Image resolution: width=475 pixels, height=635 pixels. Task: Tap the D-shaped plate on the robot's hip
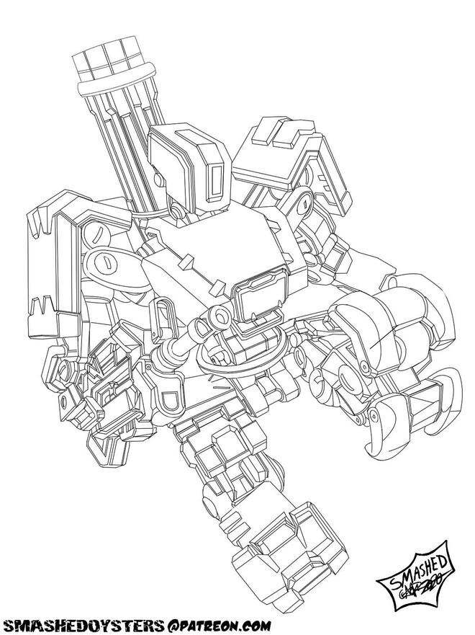(171, 401)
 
